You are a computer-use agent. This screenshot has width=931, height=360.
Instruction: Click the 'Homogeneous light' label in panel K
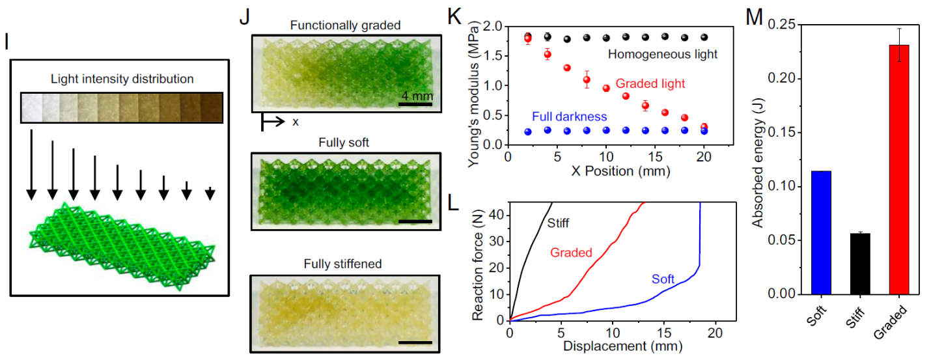click(663, 55)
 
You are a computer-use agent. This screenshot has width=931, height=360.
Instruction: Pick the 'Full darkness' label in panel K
click(569, 117)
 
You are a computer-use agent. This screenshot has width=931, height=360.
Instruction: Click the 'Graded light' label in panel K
click(650, 84)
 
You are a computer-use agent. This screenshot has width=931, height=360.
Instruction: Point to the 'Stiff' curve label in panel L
click(557, 223)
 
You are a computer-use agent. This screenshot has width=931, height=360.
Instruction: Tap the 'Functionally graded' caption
click(344, 25)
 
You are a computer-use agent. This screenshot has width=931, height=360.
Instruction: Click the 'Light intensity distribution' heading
click(122, 79)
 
